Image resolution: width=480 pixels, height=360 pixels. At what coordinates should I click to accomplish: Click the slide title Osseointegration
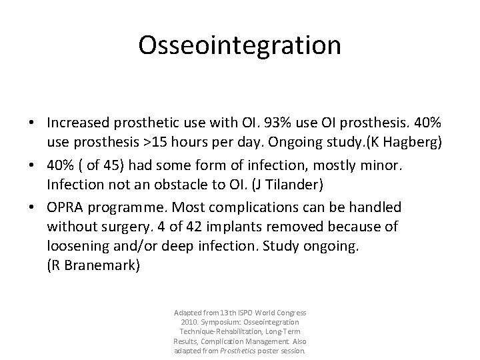[x=239, y=45]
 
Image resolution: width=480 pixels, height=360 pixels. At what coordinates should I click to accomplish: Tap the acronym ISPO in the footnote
[x=235, y=313]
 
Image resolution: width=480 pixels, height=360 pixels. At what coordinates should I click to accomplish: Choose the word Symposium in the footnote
[x=225, y=322]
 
